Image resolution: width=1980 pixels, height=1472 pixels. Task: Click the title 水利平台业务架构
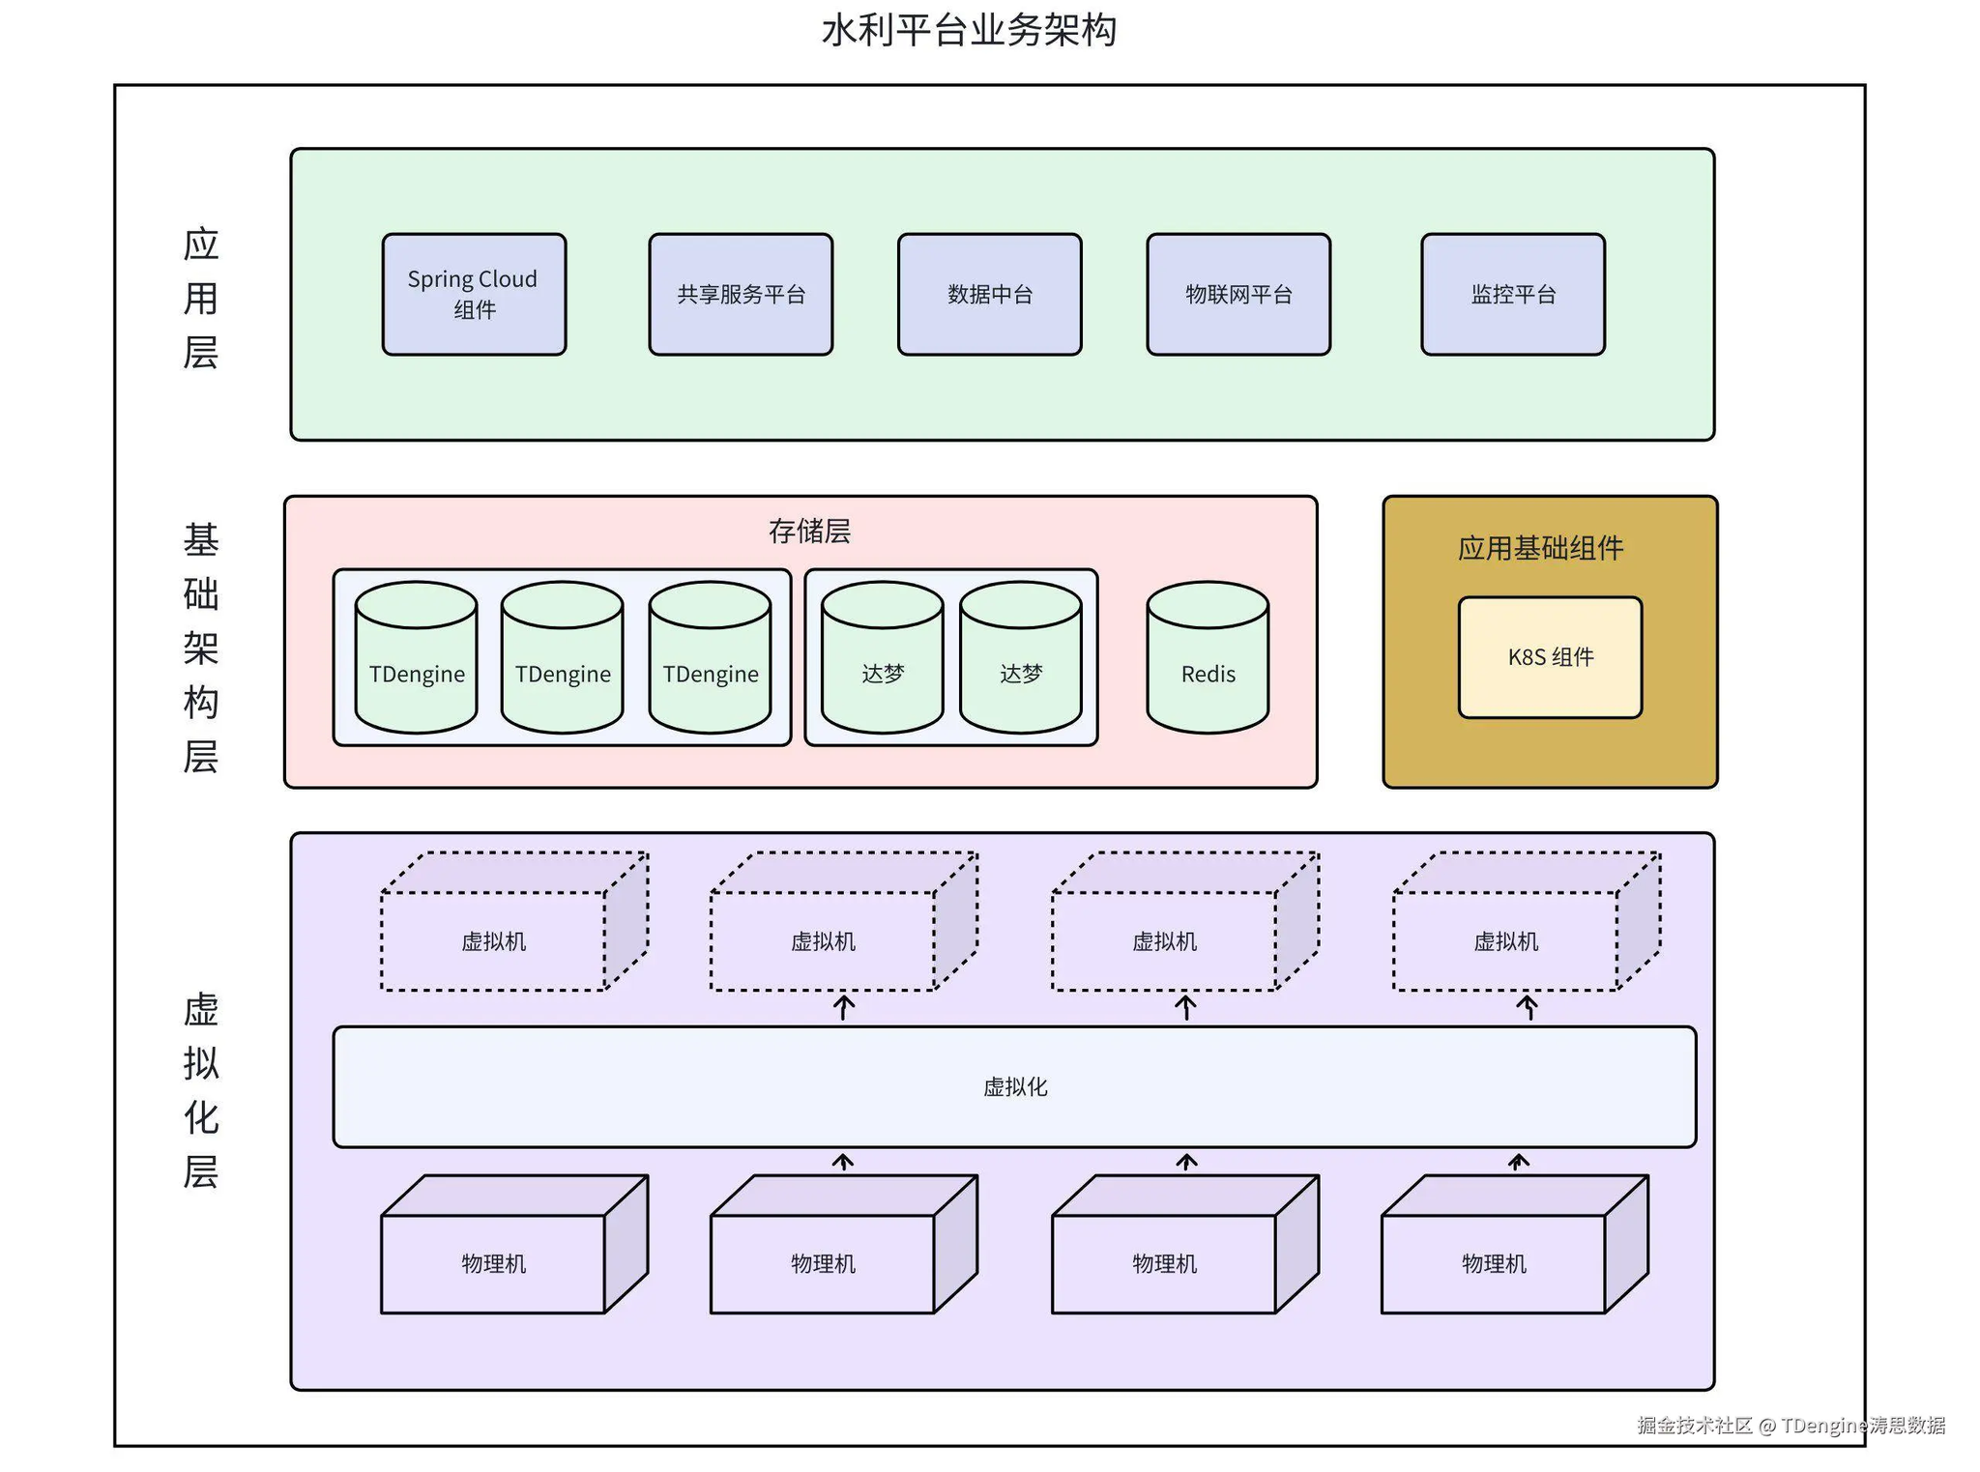969,31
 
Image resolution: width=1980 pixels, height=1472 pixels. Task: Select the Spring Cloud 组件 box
474,294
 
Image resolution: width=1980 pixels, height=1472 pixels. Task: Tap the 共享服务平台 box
741,294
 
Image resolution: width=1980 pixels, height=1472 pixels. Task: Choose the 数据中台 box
989,294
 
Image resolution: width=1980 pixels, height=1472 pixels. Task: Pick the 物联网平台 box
1238,294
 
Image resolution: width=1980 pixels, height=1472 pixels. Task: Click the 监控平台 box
1513,294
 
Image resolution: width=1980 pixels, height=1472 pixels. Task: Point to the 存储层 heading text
809,531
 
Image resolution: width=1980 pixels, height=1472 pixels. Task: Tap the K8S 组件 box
1550,657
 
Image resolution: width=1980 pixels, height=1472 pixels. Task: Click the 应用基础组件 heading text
1540,548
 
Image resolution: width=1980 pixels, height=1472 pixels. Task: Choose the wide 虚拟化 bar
1014,1086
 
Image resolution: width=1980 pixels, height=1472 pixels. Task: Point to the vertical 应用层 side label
201,298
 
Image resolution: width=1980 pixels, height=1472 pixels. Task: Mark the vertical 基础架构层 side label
201,648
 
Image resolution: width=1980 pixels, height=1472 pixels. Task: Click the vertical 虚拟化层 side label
201,1089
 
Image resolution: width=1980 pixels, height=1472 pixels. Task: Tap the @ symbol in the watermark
1766,1426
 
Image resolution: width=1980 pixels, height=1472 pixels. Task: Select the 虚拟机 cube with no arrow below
494,939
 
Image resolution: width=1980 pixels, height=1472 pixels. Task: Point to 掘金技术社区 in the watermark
1695,1426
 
